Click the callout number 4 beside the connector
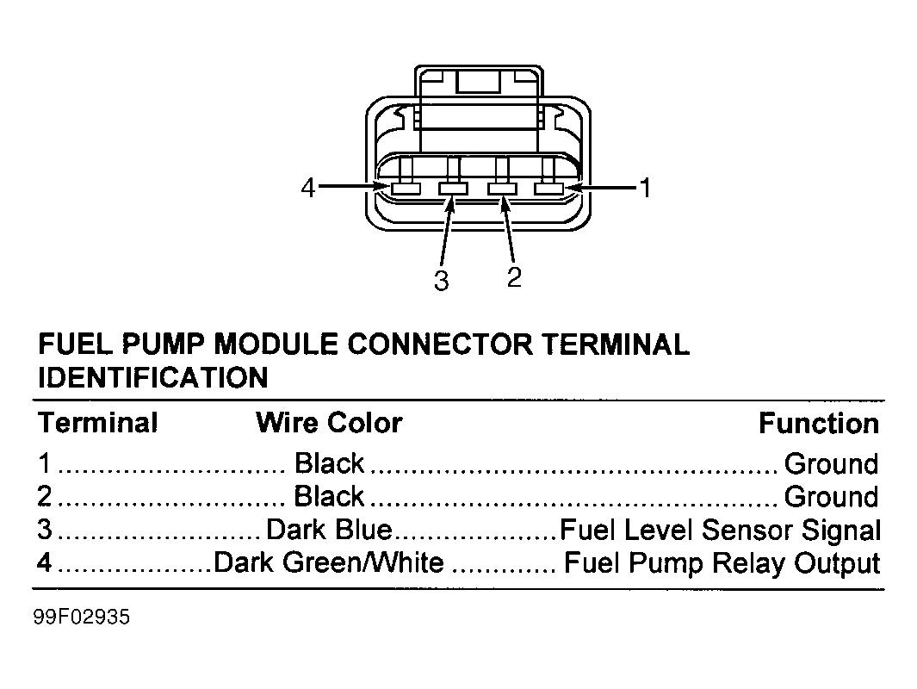307,188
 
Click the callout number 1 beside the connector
644,189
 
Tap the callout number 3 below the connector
442,281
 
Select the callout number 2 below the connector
514,276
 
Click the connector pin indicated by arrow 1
548,189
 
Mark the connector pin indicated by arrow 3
453,189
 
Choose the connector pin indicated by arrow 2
502,189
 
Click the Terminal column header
97,422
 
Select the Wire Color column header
329,422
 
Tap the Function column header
819,423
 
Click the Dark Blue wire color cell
329,530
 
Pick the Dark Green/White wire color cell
329,562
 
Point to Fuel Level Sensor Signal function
720,530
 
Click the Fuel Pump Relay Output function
722,562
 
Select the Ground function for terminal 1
831,463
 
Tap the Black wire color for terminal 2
329,496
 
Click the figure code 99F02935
82,617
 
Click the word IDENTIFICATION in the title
153,377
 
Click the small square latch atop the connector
479,81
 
